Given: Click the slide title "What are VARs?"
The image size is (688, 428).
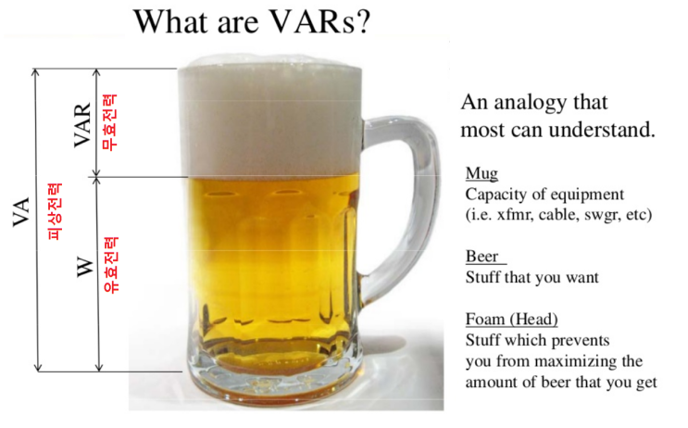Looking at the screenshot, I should coord(252,21).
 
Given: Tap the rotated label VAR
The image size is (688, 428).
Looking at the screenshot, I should coord(83,125).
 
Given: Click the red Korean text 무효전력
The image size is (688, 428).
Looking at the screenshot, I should coord(110,122).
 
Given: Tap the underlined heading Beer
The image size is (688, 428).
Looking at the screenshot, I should coord(482,257).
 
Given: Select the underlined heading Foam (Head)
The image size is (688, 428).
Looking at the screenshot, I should coord(511,321).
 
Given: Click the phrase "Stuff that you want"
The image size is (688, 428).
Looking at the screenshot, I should coord(519,277).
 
